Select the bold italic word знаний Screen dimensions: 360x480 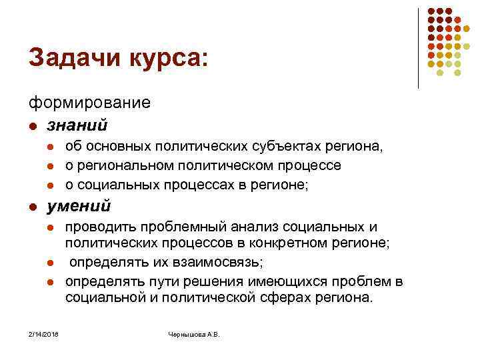[x=77, y=124]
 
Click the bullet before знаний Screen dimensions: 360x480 [x=32, y=125]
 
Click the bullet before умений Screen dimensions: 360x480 [x=32, y=207]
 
